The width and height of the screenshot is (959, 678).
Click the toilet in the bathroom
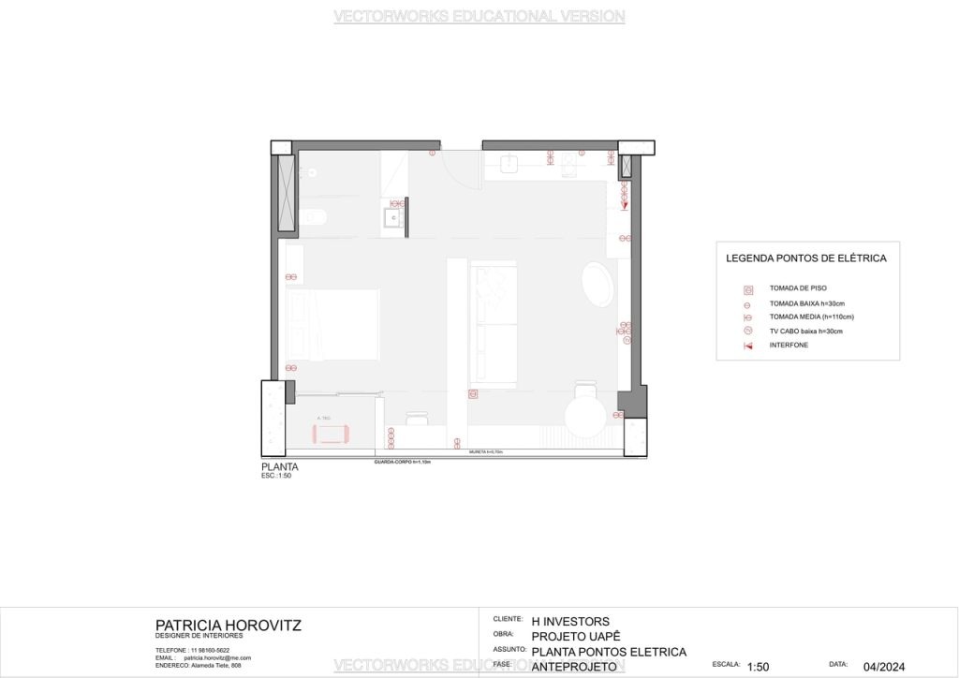(x=316, y=218)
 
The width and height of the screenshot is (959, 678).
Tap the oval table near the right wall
(x=598, y=285)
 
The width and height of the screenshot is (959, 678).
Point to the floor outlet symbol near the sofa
(x=473, y=393)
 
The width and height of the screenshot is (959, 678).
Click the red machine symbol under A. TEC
(x=330, y=433)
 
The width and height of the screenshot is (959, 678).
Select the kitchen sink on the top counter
(x=509, y=165)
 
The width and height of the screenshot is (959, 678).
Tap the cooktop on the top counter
(x=572, y=165)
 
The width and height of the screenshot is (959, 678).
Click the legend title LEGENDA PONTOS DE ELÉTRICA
(x=805, y=258)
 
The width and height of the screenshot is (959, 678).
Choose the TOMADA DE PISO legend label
(x=798, y=288)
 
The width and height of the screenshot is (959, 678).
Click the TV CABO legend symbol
(x=747, y=331)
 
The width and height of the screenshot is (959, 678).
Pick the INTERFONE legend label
(x=789, y=346)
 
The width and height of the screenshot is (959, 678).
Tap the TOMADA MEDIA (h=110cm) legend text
(x=811, y=317)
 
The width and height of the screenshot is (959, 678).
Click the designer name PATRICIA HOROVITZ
(x=229, y=625)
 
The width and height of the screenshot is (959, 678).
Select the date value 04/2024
(x=884, y=667)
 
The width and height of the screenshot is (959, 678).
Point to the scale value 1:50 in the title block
(x=758, y=667)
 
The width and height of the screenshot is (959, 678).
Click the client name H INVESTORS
(x=570, y=621)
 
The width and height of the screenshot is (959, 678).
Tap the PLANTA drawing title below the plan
(x=280, y=466)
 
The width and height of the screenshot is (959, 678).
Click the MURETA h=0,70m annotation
(x=486, y=452)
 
